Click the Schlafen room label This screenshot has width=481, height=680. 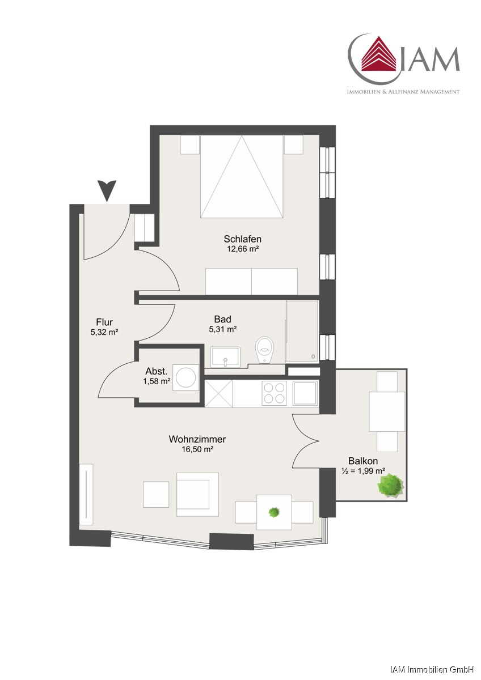(242, 239)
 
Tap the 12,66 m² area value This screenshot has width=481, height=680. (242, 249)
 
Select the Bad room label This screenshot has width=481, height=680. (222, 319)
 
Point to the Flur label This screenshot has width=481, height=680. (104, 322)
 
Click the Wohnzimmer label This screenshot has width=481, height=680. (197, 439)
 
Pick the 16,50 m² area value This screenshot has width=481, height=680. (197, 449)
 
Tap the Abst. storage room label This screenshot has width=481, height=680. (157, 371)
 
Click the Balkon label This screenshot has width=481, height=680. (363, 461)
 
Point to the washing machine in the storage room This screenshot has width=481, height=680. (185, 377)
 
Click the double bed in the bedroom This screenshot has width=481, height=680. (242, 176)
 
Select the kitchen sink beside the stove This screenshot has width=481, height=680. (305, 393)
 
